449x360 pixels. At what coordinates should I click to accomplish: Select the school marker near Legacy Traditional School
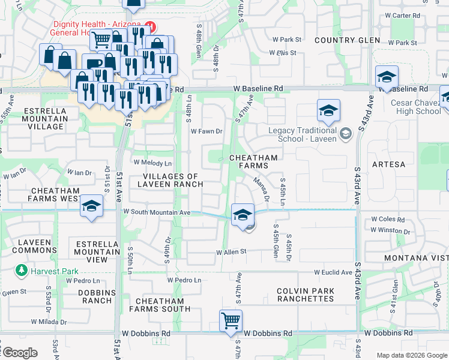coord(328,111)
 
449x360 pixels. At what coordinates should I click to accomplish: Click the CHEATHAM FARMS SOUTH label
coord(163,305)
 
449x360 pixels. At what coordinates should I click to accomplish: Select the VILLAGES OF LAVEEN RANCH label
coord(170,180)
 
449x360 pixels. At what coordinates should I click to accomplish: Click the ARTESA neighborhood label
coord(388,164)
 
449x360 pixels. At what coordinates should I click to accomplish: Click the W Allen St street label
coord(232,252)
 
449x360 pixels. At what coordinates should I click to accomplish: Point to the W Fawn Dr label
coord(206,131)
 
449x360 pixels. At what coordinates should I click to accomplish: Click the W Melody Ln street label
coord(152,163)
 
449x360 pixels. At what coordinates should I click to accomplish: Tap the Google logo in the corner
coord(19,353)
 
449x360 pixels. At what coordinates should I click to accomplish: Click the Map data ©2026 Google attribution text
coord(412,355)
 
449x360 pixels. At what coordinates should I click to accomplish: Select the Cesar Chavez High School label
coord(415,107)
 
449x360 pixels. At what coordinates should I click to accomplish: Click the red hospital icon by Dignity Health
coord(151,27)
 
